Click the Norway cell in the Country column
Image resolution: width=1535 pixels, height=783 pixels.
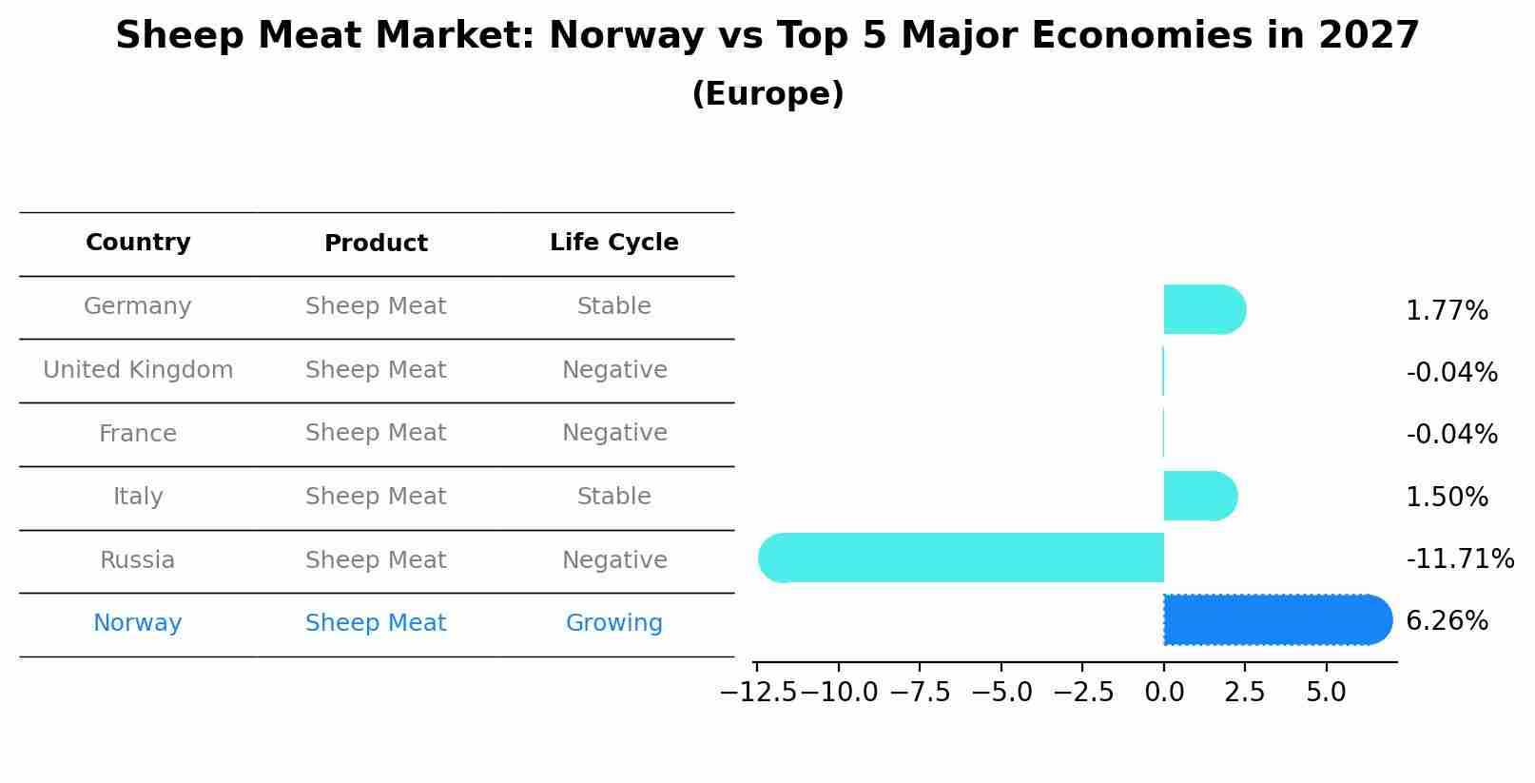pyautogui.click(x=137, y=623)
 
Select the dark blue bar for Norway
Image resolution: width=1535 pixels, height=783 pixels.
pyautogui.click(x=1274, y=619)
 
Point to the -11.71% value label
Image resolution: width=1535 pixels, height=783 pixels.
pyautogui.click(x=1459, y=558)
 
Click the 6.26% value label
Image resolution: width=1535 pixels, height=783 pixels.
pyautogui.click(x=1446, y=621)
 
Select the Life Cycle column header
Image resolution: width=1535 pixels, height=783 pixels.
pyautogui.click(x=613, y=243)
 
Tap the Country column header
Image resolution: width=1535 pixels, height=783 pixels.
pyautogui.click(x=137, y=243)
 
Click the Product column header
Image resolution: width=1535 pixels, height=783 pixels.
pyautogui.click(x=376, y=244)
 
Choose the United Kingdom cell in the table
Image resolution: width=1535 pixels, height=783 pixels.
pyautogui.click(x=137, y=370)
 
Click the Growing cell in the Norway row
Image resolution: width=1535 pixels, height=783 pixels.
pyautogui.click(x=613, y=623)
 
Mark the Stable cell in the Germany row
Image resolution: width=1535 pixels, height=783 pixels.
pyautogui.click(x=613, y=306)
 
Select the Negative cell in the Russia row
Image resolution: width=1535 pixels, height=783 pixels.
pyautogui.click(x=613, y=560)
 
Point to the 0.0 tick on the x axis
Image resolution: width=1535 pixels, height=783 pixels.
pyautogui.click(x=1164, y=693)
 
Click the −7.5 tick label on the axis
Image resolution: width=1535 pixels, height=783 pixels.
pyautogui.click(x=920, y=693)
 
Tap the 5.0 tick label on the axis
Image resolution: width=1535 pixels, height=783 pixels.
pyautogui.click(x=1326, y=693)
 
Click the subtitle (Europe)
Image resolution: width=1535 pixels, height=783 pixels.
pyautogui.click(x=767, y=94)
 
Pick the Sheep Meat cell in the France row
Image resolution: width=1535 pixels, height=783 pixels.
pyautogui.click(x=376, y=433)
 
